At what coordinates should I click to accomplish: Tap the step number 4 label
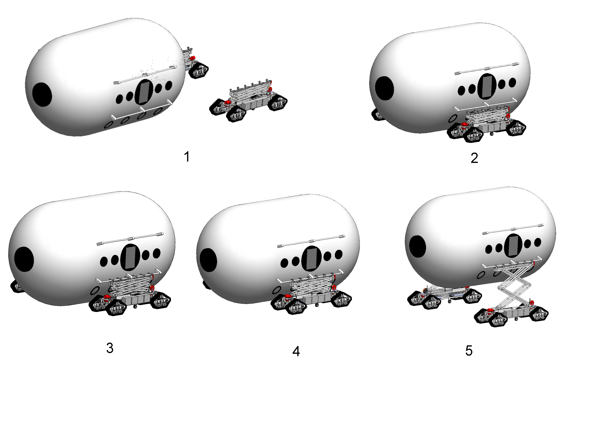point(296,351)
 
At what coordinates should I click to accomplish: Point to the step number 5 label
point(469,351)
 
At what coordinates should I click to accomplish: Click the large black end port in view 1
point(42,94)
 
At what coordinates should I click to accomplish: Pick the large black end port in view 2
point(385,88)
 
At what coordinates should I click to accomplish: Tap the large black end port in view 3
point(24,259)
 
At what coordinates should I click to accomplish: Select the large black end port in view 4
point(209,260)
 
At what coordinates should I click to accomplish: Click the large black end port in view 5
point(418,246)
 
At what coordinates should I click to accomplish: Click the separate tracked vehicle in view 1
point(248,100)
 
